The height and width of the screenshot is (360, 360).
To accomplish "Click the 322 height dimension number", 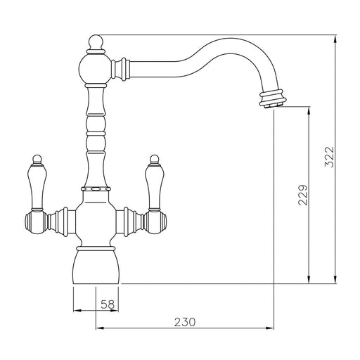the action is click(x=329, y=157).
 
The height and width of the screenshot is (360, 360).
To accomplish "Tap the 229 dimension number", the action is click(x=303, y=195).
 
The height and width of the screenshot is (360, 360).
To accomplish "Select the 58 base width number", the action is click(x=108, y=304).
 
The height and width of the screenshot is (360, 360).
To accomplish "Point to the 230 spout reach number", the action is click(x=185, y=322).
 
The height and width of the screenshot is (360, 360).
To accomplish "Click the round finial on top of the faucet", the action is click(x=96, y=43).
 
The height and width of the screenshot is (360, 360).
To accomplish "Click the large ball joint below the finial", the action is click(x=95, y=69).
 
